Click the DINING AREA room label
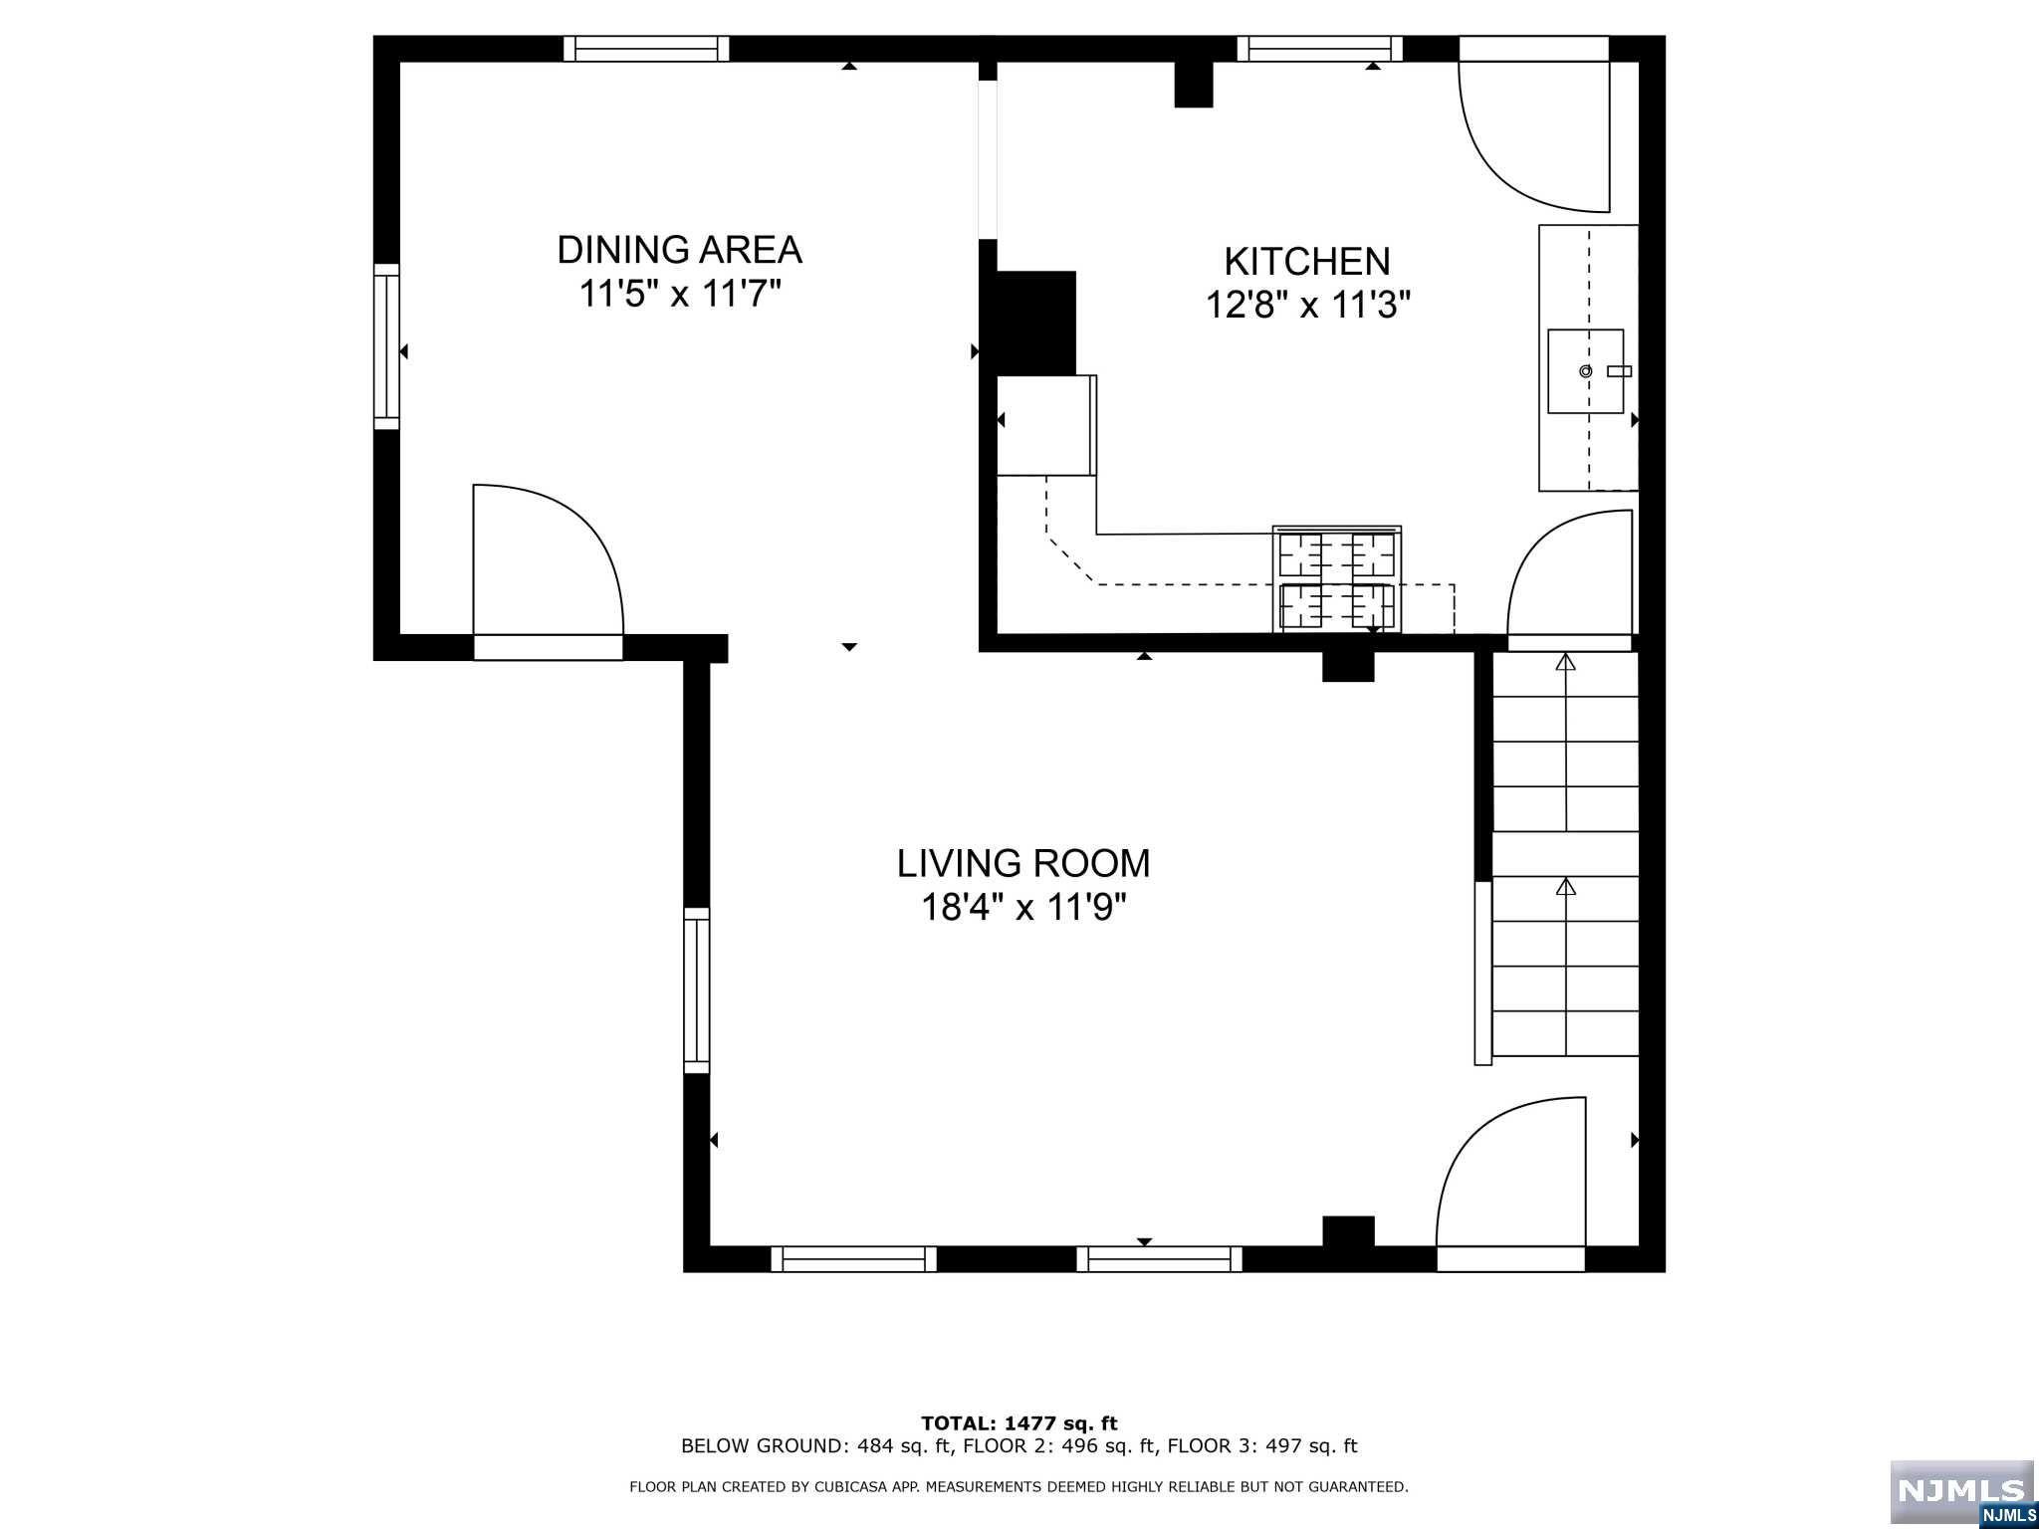pos(679,250)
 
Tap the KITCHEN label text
pos(1306,262)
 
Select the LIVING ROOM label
pos(1022,863)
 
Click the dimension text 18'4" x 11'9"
pos(1022,908)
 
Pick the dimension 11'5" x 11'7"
pos(679,295)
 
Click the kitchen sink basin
pos(1585,371)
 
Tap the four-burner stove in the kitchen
pos(1336,580)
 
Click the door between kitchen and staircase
pos(1571,575)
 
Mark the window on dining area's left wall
pos(386,346)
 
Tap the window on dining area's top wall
pos(646,49)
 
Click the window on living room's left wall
pos(696,990)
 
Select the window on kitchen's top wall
pos(1319,49)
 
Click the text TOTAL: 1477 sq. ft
pos(1019,1423)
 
